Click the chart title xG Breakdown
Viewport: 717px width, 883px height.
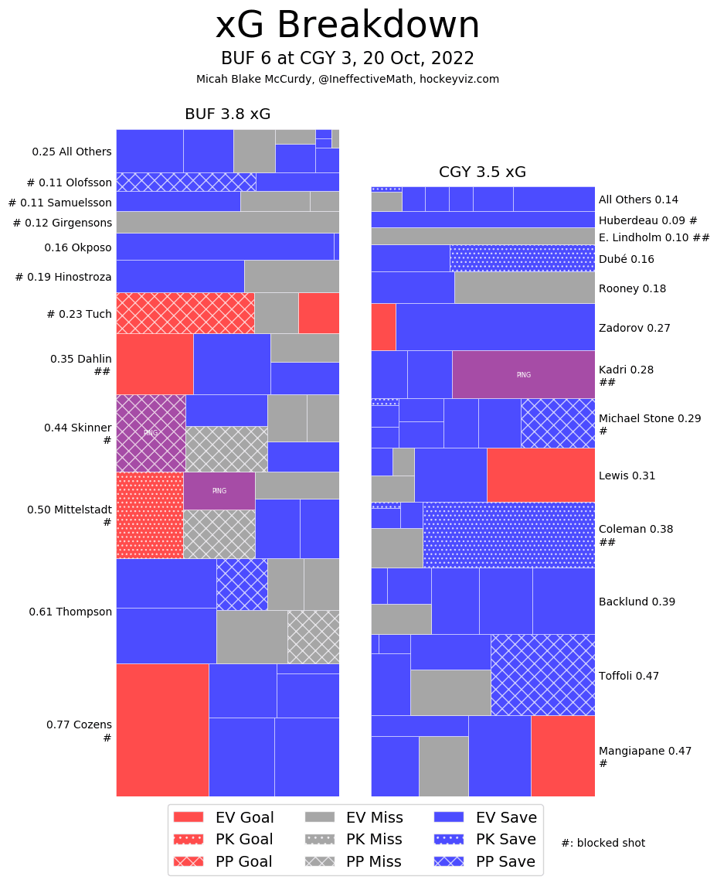click(347, 26)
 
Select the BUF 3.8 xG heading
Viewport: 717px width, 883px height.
click(227, 114)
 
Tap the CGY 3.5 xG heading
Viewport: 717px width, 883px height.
click(482, 172)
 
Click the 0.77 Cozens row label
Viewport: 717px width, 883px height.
click(79, 725)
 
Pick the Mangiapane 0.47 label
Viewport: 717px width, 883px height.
click(634, 751)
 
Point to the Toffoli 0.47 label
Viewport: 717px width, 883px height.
click(628, 676)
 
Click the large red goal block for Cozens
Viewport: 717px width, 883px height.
click(162, 730)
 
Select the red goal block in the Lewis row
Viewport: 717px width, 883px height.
click(540, 475)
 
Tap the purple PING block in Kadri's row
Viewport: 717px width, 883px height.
click(523, 375)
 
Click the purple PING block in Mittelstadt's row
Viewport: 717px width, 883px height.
click(219, 491)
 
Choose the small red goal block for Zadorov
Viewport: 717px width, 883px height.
click(383, 326)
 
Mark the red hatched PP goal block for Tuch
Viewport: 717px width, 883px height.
click(185, 313)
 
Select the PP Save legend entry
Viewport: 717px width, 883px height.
click(486, 861)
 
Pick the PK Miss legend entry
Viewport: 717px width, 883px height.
click(353, 839)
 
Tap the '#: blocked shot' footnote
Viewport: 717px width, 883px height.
click(603, 843)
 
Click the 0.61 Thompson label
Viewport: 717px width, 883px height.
click(70, 612)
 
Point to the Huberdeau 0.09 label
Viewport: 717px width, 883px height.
click(647, 220)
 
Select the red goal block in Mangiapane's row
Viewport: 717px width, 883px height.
click(562, 755)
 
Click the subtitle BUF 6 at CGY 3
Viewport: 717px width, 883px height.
click(347, 59)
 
